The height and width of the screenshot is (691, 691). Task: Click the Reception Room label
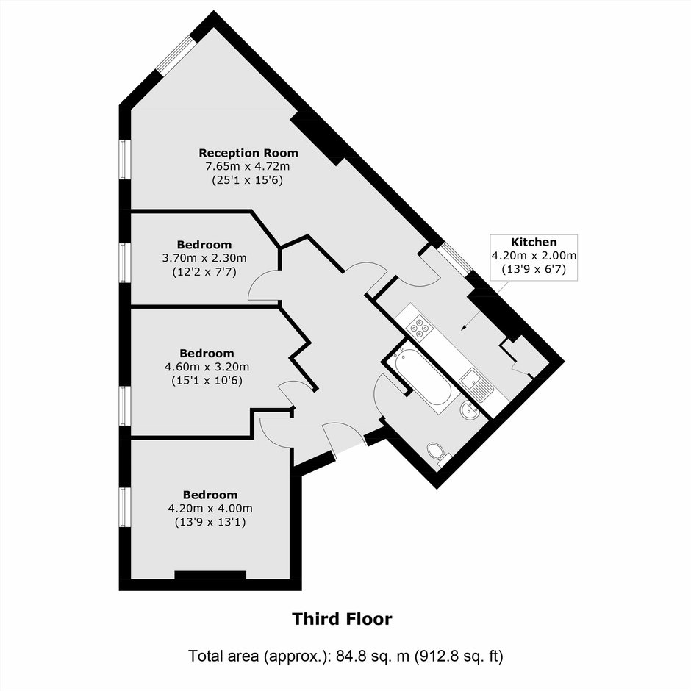tap(248, 153)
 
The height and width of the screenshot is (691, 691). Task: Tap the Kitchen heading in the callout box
tap(534, 242)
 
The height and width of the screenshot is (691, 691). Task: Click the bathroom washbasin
tap(469, 411)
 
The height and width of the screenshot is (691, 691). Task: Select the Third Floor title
tap(342, 619)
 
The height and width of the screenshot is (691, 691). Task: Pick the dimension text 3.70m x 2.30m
tap(204, 258)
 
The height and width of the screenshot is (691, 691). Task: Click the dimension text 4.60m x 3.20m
tap(207, 367)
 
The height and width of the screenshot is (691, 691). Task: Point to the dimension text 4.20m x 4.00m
tap(210, 509)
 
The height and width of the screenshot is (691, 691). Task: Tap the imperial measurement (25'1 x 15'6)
tap(247, 180)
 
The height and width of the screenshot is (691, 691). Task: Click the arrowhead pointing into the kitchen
tap(463, 327)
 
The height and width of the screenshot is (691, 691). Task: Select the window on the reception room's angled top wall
tap(176, 55)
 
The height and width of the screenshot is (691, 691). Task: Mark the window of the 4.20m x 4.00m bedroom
tap(125, 507)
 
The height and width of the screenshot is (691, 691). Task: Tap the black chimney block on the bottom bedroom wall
tap(210, 575)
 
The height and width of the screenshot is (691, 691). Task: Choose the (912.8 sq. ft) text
tap(458, 656)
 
